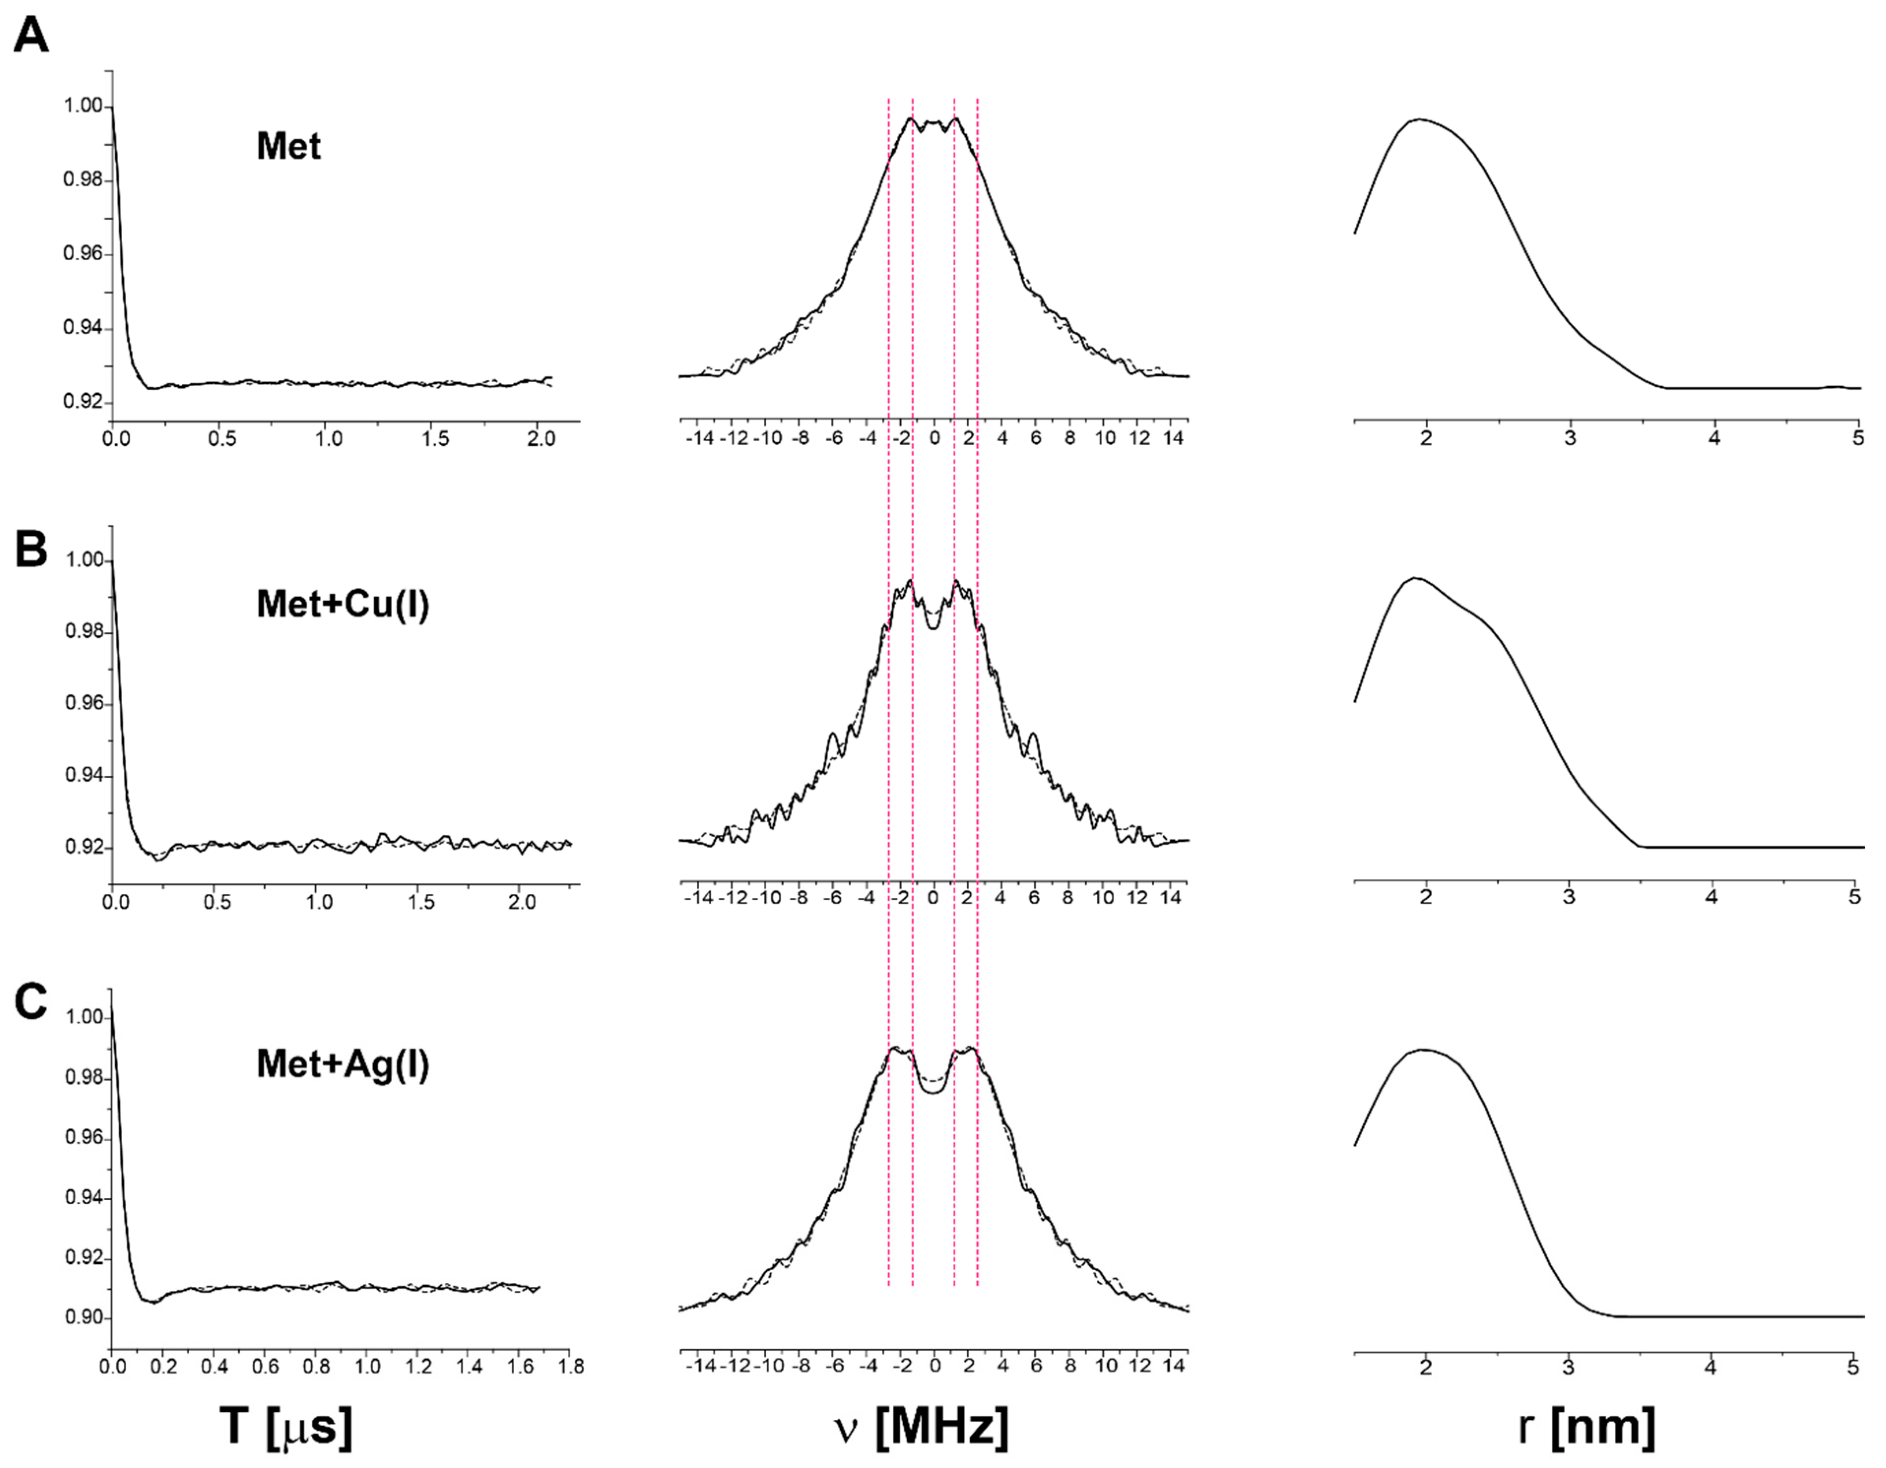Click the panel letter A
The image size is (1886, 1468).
[31, 36]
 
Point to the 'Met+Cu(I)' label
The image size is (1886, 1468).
[343, 604]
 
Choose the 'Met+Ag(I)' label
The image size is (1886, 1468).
[343, 1064]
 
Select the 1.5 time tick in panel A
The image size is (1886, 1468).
[435, 439]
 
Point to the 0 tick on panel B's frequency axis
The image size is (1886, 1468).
[933, 898]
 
